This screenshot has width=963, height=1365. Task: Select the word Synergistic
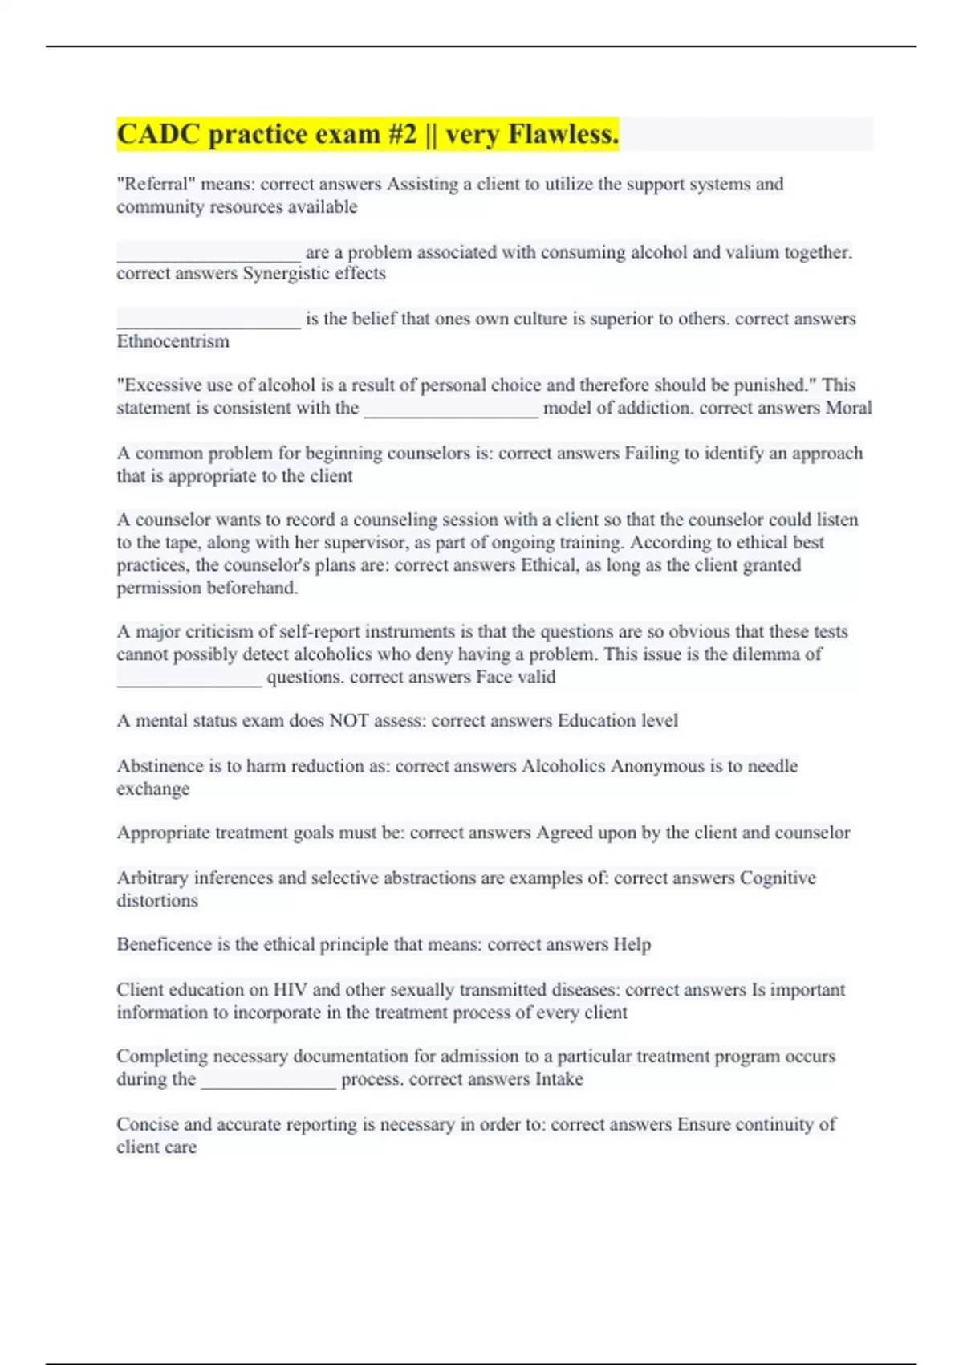[286, 274]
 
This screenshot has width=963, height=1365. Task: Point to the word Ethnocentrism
[173, 341]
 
